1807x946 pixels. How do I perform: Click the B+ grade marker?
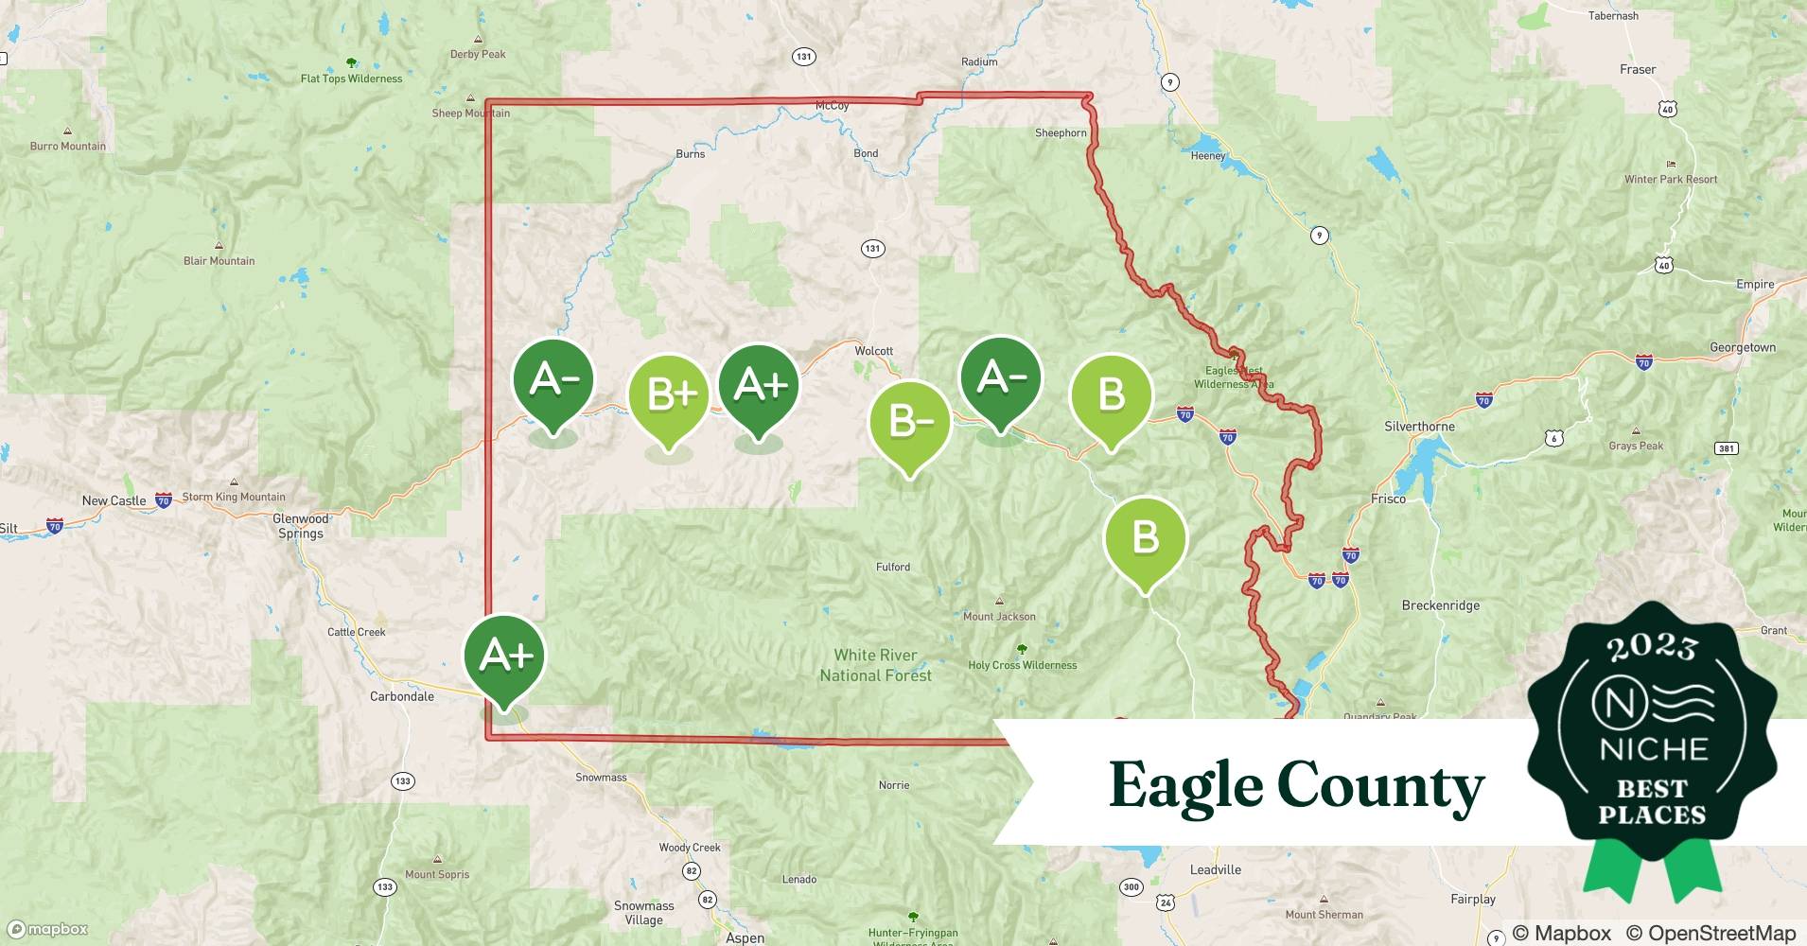(669, 394)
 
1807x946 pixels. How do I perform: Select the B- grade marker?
(909, 420)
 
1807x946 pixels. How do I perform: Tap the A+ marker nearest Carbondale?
(504, 655)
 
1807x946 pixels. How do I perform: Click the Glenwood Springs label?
(300, 526)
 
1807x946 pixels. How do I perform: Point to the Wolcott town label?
(873, 351)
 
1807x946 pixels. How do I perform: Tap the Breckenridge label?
(1440, 605)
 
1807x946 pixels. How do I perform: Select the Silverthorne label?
(1419, 427)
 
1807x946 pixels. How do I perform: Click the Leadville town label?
(1215, 870)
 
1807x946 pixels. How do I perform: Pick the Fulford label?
(893, 568)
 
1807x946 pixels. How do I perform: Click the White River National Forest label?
(875, 665)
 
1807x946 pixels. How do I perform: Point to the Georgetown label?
(1742, 348)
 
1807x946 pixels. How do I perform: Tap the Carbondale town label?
(402, 696)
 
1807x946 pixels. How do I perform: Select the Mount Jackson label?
(999, 617)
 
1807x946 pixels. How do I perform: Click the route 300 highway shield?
(1131, 886)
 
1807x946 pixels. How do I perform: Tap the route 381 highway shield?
(1727, 447)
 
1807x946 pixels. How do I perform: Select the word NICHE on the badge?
(1653, 750)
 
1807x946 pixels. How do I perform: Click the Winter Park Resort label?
(1671, 180)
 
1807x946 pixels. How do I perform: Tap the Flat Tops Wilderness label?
(351, 79)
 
